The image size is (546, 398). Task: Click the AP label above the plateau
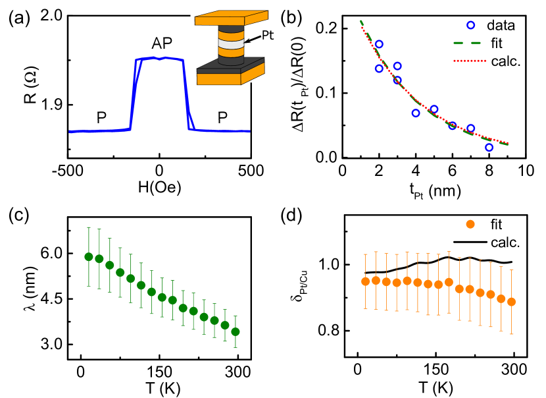coord(162,43)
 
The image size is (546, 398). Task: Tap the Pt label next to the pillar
coord(267,35)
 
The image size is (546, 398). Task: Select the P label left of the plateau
coord(101,118)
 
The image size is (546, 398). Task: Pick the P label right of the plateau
coord(222,118)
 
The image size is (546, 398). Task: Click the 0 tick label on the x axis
coord(159,171)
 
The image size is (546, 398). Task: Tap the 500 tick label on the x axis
coord(250,171)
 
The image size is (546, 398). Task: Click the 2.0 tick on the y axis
coord(52,14)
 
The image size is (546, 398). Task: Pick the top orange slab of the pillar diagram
coord(231,18)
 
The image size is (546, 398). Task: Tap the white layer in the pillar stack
coord(231,44)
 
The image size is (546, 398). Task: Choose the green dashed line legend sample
coord(466,43)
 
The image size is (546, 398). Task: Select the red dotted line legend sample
coord(469,61)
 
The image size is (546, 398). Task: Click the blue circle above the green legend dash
coord(470,25)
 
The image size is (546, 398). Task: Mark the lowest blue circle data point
coord(489,148)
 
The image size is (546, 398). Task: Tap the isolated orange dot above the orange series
coord(470,224)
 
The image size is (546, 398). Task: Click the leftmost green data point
coord(89,256)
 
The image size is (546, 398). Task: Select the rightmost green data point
coord(236,331)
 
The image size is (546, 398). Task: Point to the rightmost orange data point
coord(511,302)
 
